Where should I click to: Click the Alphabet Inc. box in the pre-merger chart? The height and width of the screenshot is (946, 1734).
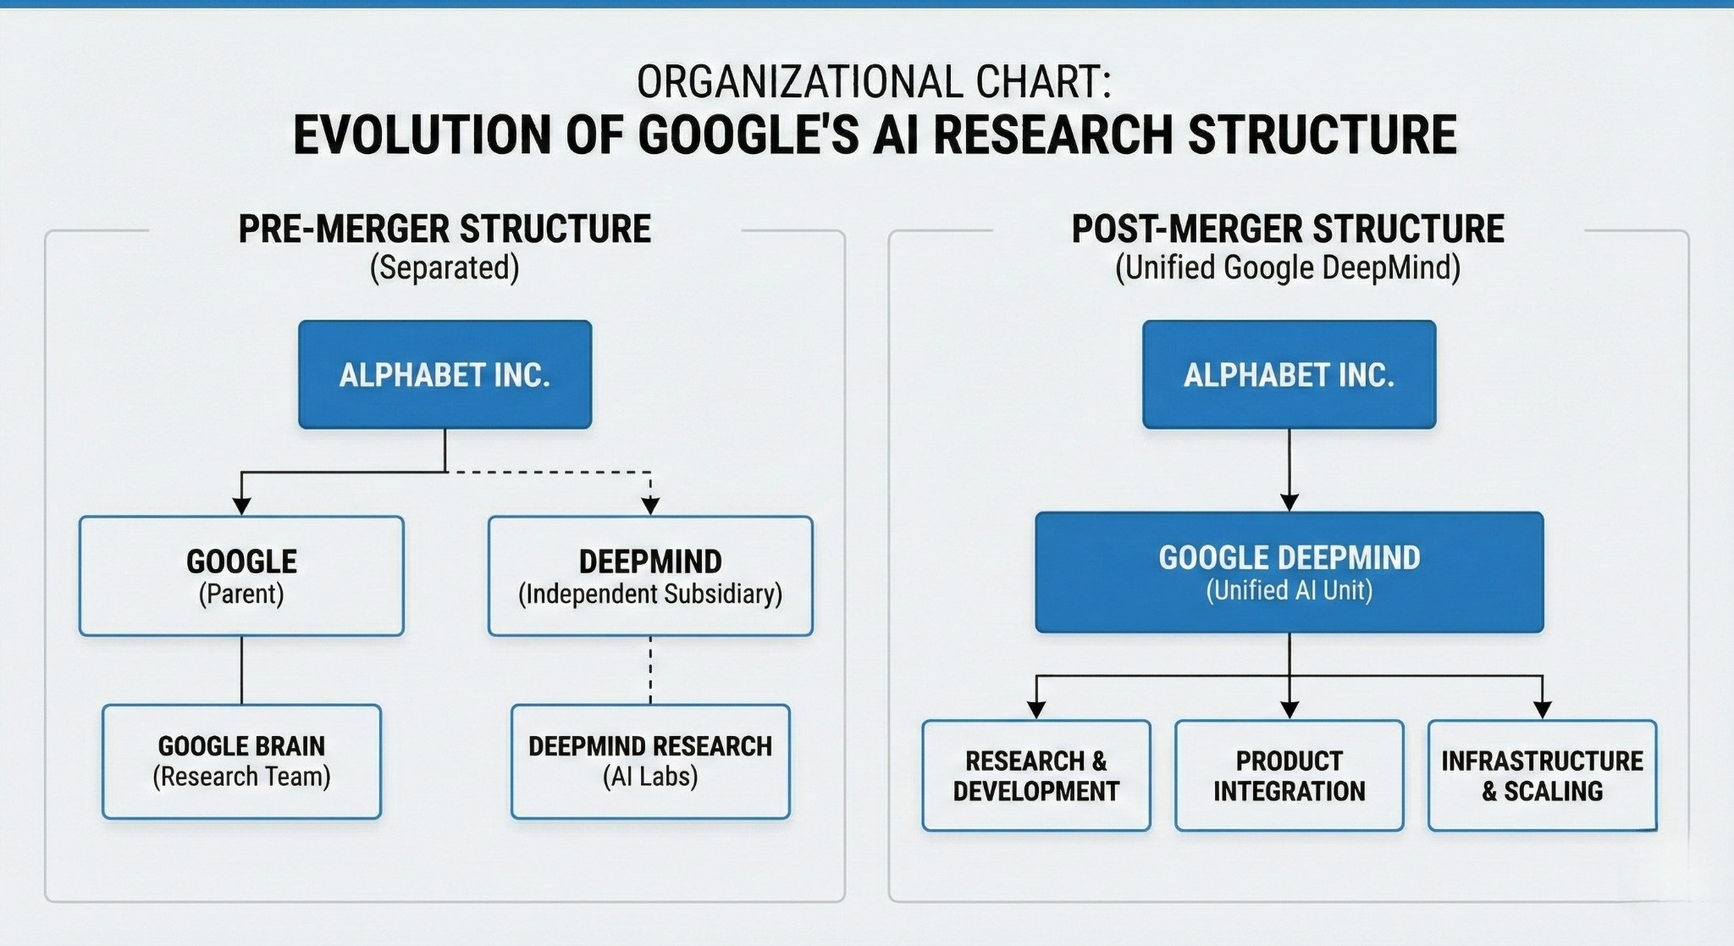coord(445,374)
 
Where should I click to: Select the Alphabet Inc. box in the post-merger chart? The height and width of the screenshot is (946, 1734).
coord(1289,374)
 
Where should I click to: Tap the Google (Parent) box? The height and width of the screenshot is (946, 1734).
coord(241,576)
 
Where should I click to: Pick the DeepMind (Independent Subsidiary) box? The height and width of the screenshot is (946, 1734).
coord(650,576)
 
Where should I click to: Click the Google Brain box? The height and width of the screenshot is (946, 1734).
coord(241,761)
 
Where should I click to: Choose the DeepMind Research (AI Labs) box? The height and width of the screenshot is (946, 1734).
coord(650,761)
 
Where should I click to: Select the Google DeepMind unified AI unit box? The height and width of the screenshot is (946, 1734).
coord(1289,573)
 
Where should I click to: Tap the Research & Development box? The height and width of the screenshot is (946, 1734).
coord(1035,775)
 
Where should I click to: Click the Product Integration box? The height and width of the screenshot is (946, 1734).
coord(1289,775)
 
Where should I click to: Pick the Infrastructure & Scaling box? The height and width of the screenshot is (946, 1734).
coord(1542,775)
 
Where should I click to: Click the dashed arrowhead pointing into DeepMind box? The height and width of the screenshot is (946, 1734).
coord(650,506)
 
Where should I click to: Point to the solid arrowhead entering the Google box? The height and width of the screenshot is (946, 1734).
coord(241,506)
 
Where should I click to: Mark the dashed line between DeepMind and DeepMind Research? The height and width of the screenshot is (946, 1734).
coord(650,669)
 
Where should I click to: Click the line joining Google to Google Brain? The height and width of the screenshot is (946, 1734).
coord(241,669)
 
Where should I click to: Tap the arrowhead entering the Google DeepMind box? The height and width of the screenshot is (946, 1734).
coord(1289,502)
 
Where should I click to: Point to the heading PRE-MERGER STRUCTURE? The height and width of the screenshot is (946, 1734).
coord(445,230)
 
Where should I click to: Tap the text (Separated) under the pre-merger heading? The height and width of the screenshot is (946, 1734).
coord(445,268)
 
